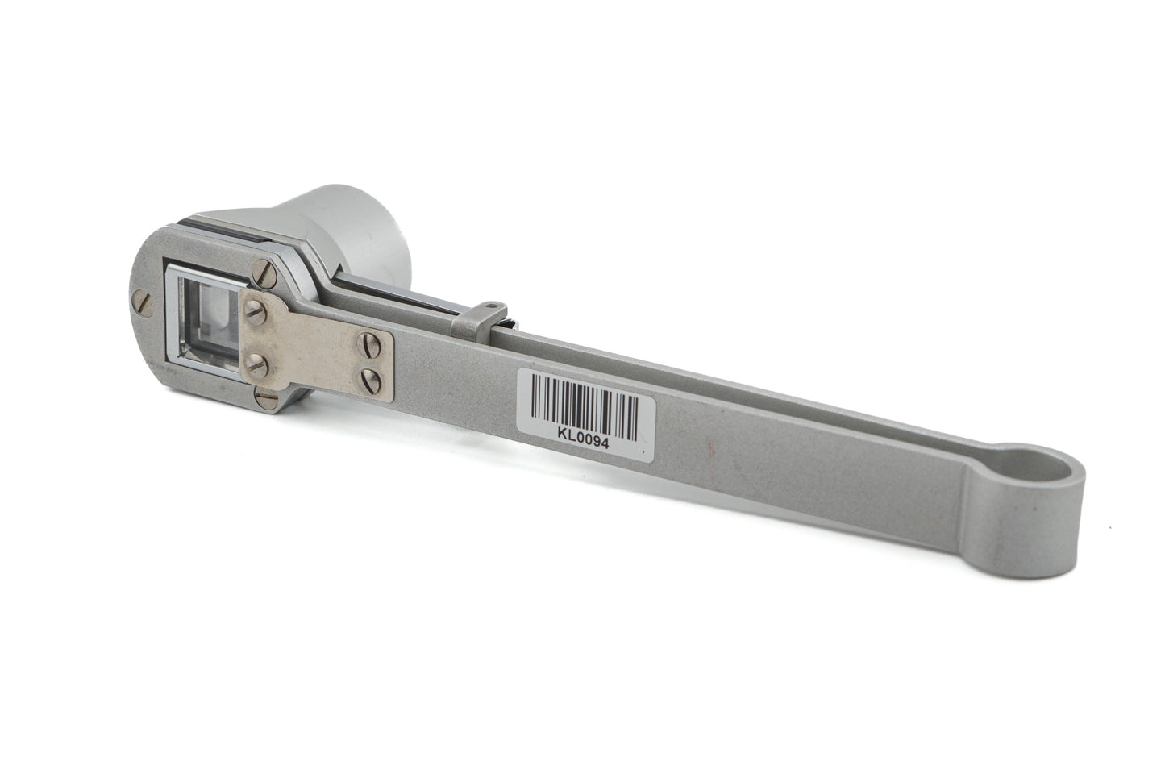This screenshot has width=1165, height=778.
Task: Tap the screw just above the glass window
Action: (264, 276)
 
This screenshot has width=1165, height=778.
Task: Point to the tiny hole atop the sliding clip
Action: (489, 306)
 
